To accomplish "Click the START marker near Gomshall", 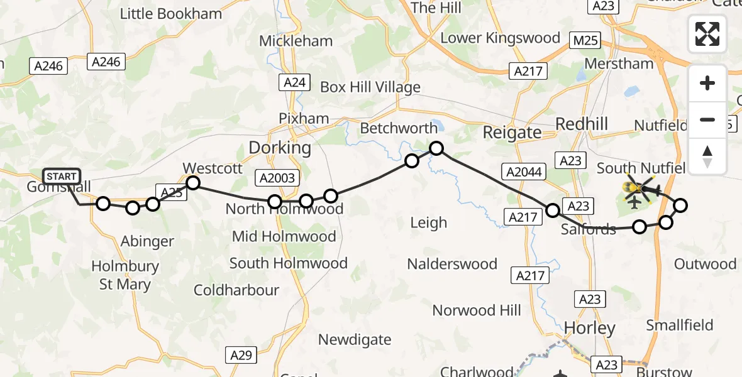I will pyautogui.click(x=62, y=177).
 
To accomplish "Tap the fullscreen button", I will pyautogui.click(x=707, y=34).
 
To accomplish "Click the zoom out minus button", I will pyautogui.click(x=707, y=119).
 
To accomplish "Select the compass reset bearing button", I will pyautogui.click(x=707, y=156).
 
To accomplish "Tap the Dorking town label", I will pyautogui.click(x=280, y=148).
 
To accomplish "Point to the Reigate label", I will pyautogui.click(x=512, y=133).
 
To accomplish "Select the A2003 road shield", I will pyautogui.click(x=277, y=178).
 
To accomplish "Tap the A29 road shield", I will pyautogui.click(x=240, y=356).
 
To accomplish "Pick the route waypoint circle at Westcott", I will pyautogui.click(x=193, y=183).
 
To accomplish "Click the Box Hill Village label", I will pyautogui.click(x=370, y=87).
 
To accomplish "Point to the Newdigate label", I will pyautogui.click(x=354, y=340).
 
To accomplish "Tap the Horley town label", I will pyautogui.click(x=589, y=328).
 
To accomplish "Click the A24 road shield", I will pyautogui.click(x=294, y=82).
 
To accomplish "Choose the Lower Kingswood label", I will pyautogui.click(x=500, y=38).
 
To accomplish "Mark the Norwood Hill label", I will pyautogui.click(x=476, y=310).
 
